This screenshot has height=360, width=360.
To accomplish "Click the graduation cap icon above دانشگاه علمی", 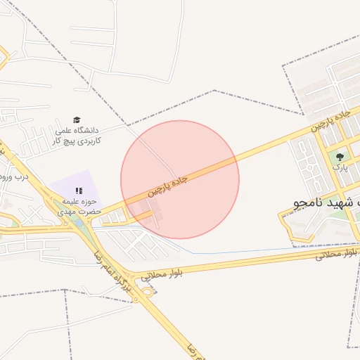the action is (77, 120).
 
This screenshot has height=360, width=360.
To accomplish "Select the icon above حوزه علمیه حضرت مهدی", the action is (79, 191).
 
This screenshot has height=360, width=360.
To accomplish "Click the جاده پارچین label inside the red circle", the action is (168, 186).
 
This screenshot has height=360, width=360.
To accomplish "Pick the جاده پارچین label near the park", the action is (330, 120).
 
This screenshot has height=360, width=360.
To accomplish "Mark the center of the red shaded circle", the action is (180, 179).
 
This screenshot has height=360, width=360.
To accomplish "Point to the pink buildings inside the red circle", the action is (149, 212).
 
